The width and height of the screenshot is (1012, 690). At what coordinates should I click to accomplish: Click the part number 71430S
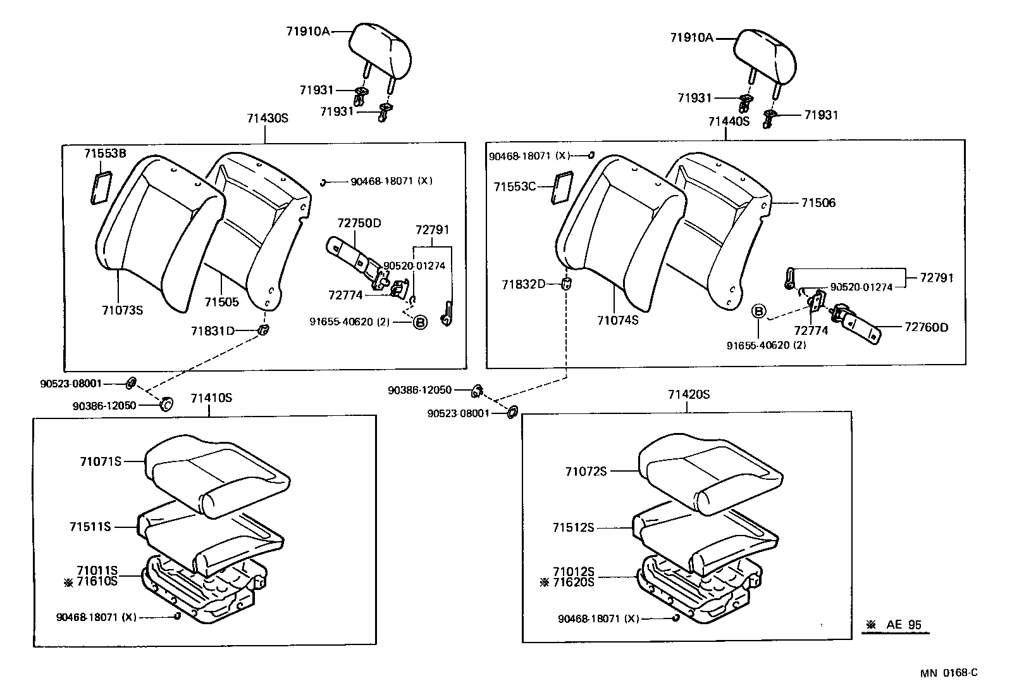268,118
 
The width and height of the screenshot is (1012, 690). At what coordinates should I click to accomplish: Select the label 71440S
729,122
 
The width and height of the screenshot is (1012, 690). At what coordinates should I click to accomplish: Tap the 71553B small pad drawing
101,187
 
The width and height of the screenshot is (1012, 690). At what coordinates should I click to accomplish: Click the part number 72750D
359,223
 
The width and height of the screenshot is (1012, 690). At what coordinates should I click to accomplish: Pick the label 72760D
927,327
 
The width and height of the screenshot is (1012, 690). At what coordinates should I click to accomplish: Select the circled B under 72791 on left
420,322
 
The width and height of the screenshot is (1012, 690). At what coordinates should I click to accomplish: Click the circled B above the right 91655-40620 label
759,311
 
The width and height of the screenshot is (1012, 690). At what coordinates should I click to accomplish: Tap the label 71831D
213,331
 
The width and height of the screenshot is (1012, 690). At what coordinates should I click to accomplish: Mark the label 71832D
524,284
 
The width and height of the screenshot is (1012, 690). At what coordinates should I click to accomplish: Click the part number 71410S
211,398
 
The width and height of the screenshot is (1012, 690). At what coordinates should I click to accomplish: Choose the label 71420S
689,394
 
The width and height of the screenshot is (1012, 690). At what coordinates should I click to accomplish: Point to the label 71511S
90,527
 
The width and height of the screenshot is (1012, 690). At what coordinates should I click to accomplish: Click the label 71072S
586,471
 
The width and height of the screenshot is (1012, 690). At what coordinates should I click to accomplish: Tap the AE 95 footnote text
903,624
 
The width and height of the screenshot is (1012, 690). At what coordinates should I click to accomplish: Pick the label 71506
818,203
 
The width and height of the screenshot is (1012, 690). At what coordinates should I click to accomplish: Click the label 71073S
122,310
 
